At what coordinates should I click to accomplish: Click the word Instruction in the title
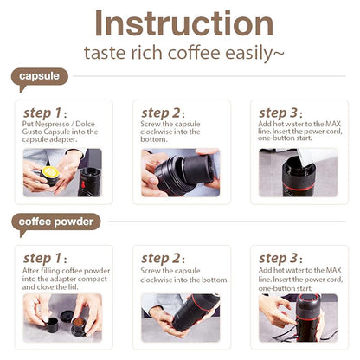pos(179,23)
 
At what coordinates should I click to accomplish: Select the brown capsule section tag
pos(40,76)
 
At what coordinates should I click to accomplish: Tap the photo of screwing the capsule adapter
pos(180,170)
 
